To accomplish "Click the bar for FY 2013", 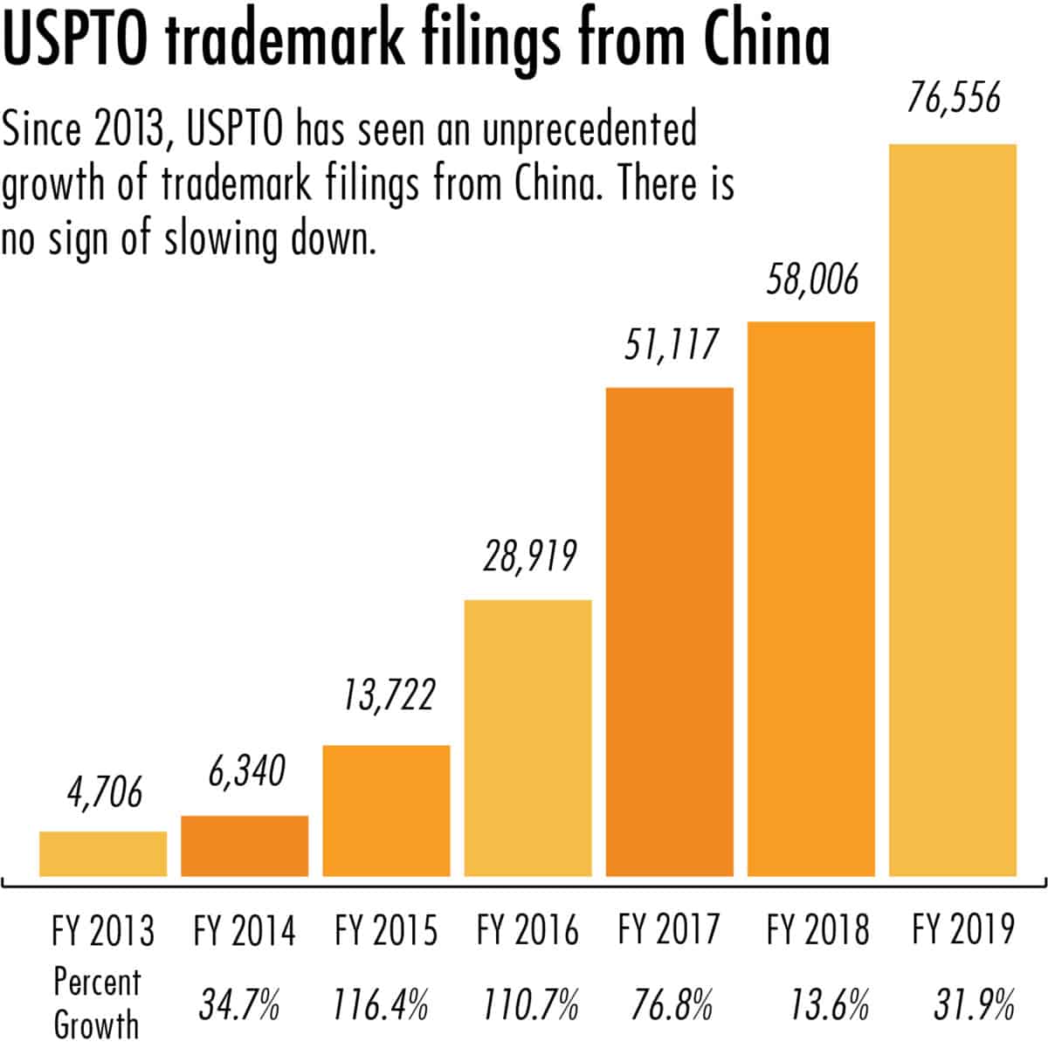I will point(103,853).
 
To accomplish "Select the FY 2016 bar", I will point(527,737).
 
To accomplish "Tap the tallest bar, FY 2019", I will point(953,510).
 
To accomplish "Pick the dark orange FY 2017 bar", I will point(669,631).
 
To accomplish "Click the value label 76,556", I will point(953,99).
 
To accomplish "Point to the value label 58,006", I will point(812,280).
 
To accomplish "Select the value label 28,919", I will point(530,556).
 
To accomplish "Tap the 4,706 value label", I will point(104,794).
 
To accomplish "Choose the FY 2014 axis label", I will point(245,930).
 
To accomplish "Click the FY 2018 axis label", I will point(818,930).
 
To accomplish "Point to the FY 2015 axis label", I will point(386,930).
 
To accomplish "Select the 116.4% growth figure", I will point(381,1006).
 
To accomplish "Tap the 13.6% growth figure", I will point(829,1006).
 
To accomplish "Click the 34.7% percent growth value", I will point(238,1006).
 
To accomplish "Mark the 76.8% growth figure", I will point(672,1006).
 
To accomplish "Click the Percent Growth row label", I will point(96,1003).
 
